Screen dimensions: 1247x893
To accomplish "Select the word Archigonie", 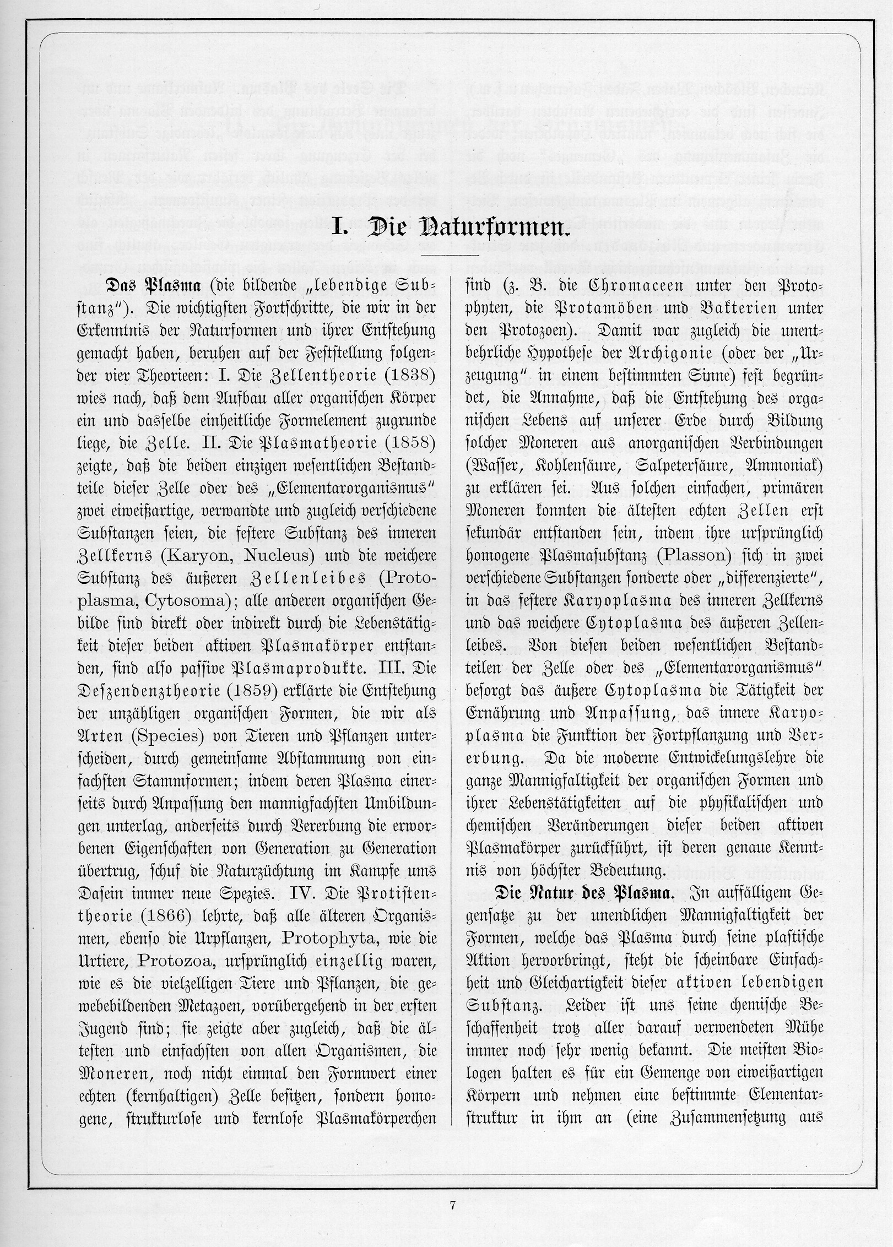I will (654, 355).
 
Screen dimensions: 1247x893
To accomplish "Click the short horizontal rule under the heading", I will (450, 256).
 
